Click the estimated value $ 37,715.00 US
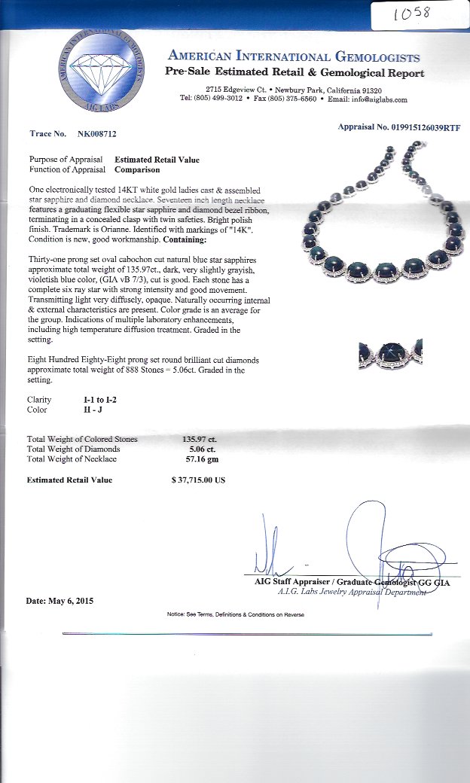(198, 480)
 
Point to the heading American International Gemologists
(295, 56)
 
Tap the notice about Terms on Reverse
(236, 614)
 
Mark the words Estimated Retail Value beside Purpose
(157, 160)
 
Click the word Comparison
(137, 169)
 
